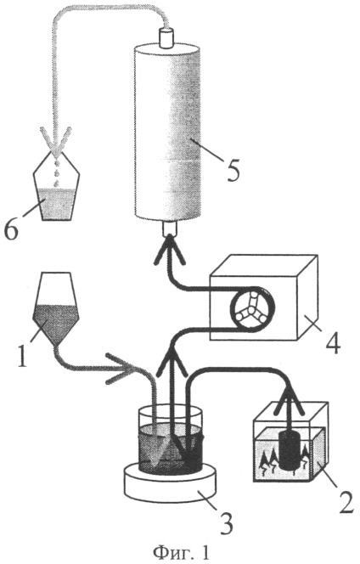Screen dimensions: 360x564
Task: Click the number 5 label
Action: point(233,169)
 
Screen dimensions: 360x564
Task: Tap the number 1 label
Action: point(22,355)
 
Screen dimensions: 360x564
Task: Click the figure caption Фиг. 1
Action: point(181,552)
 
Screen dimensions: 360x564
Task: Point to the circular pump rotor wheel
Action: point(252,310)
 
